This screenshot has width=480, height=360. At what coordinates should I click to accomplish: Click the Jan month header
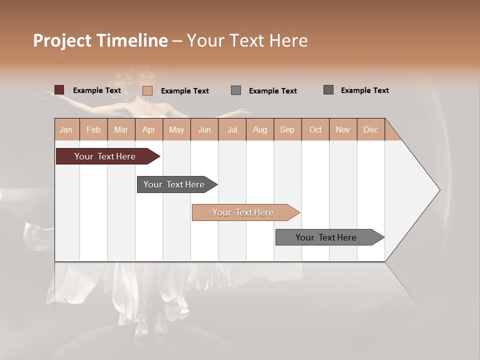pos(66,129)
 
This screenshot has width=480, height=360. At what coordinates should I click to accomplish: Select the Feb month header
pos(93,129)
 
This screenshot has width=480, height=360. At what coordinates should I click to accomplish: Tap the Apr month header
pos(149,129)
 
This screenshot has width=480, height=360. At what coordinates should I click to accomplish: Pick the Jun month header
pos(204,129)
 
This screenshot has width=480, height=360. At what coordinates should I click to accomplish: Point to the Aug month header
pos(260,129)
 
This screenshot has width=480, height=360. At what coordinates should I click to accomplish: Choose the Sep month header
pos(287,129)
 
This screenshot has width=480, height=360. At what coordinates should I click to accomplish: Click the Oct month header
pos(315,129)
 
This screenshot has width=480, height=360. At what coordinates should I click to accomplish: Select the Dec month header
pos(371,129)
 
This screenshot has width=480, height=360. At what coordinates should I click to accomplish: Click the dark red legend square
pos(59,90)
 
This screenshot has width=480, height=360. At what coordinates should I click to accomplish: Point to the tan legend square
pos(147,90)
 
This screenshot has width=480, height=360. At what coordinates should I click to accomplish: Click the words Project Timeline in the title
pos(100,40)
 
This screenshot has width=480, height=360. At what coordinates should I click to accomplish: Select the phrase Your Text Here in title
pos(247,40)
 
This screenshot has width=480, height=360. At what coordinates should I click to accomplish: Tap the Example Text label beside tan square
pos(185,91)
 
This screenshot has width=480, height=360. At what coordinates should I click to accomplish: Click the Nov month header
pos(343,129)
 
